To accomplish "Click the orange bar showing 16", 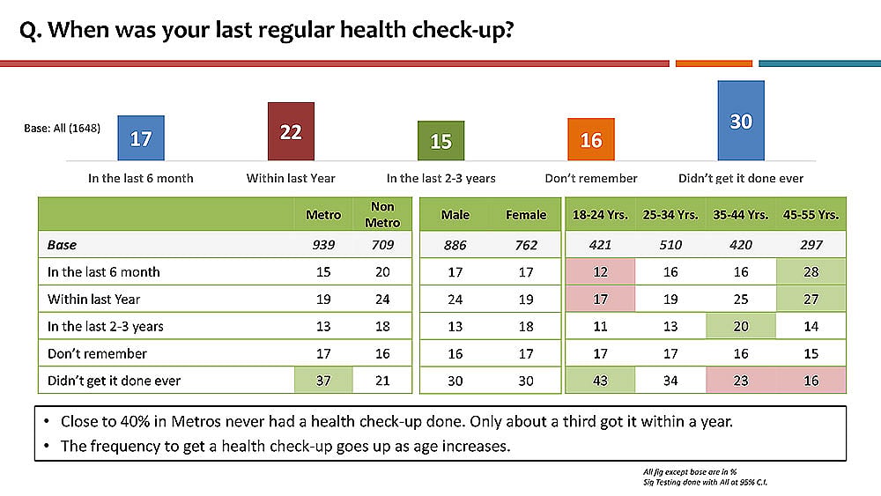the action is [590, 139].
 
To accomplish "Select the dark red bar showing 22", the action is [291, 131].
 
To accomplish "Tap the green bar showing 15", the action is [441, 140].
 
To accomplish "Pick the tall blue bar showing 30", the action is [741, 121].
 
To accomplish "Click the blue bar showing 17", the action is [141, 138].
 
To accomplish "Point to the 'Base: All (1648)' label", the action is [63, 128].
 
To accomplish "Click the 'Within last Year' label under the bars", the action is [291, 178].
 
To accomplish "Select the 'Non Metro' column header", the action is [382, 215].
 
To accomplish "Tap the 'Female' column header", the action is [526, 215].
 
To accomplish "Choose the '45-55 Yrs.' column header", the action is [811, 215].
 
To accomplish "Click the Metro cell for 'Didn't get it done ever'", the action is [323, 381].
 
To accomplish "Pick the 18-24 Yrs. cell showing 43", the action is [600, 381].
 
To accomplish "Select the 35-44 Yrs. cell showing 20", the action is [741, 326].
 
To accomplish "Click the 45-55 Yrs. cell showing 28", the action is [811, 272].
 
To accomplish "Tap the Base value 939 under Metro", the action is [323, 245].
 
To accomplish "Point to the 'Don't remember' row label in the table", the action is [97, 353].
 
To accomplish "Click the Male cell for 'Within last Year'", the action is [455, 300].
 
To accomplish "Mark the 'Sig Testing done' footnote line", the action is [705, 482].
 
